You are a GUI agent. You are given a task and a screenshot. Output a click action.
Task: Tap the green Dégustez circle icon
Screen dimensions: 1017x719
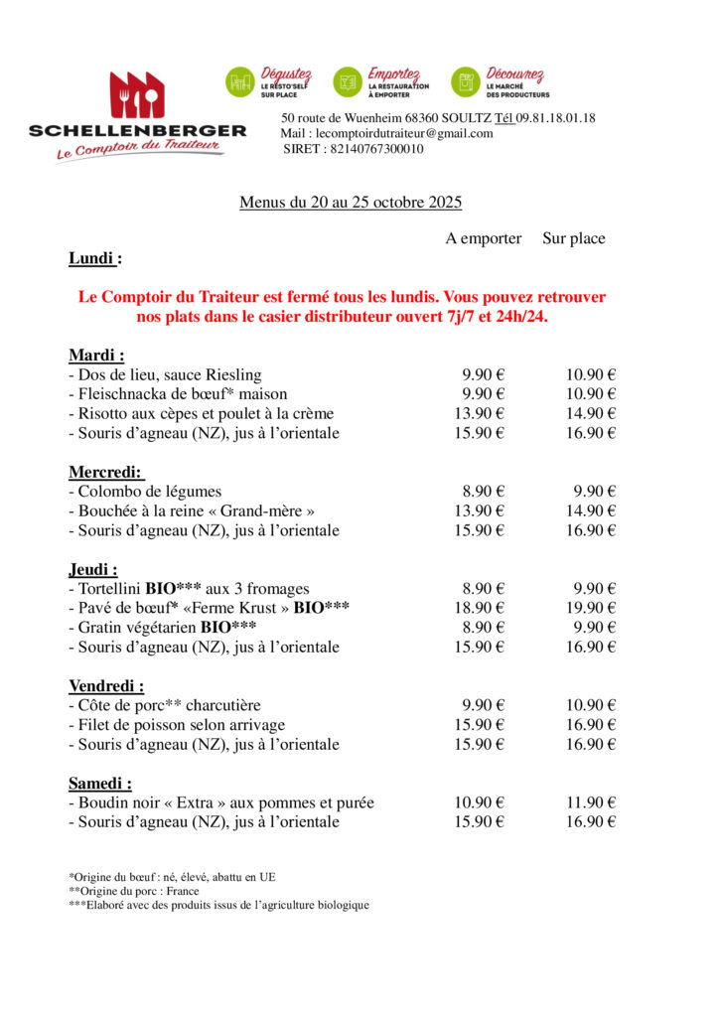pyautogui.click(x=240, y=82)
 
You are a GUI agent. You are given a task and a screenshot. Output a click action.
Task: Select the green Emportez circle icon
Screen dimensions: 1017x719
pyautogui.click(x=348, y=82)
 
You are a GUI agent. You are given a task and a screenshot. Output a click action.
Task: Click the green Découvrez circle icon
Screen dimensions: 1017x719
pyautogui.click(x=466, y=82)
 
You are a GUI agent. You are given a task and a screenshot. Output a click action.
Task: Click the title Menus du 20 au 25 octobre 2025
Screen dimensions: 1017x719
pyautogui.click(x=351, y=203)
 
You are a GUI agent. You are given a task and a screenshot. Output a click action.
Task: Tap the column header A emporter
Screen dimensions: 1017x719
pyautogui.click(x=483, y=238)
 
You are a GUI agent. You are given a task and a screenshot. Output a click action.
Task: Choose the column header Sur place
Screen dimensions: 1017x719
pyautogui.click(x=573, y=238)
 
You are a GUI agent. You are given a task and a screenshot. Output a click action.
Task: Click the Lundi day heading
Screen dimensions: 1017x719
pyautogui.click(x=95, y=258)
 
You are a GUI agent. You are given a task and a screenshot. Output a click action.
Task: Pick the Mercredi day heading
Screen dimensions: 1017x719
pyautogui.click(x=106, y=472)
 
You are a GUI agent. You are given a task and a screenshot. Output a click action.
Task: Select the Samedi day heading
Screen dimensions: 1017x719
pyautogui.click(x=100, y=783)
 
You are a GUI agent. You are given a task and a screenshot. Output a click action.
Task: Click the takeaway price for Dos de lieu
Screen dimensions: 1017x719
pyautogui.click(x=483, y=374)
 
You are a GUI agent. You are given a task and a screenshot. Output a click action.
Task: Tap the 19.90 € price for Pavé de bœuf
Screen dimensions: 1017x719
pyautogui.click(x=591, y=608)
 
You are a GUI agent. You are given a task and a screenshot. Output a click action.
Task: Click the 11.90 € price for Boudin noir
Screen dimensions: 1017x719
pyautogui.click(x=591, y=802)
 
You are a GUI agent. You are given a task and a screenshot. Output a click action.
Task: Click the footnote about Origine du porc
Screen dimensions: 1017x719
pyautogui.click(x=134, y=891)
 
